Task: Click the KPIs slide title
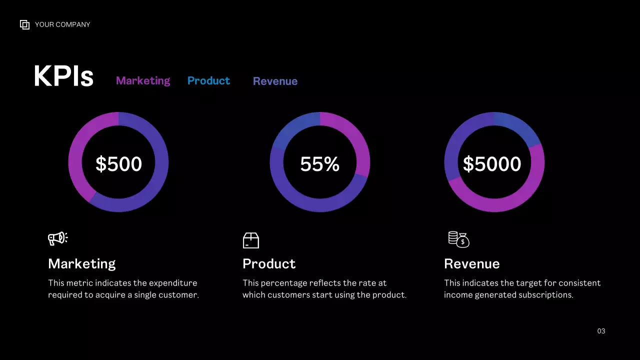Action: click(x=63, y=76)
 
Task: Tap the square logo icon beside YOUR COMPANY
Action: click(x=24, y=24)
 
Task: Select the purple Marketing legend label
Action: click(x=143, y=80)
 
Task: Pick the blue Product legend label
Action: click(x=208, y=80)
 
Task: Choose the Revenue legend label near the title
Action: click(x=275, y=81)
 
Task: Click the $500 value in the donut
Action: click(x=118, y=164)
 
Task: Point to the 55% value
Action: click(x=319, y=164)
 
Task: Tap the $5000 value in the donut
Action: click(x=492, y=164)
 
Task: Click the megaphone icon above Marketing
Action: click(x=57, y=238)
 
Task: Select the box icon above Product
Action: click(x=251, y=240)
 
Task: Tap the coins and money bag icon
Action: click(x=458, y=239)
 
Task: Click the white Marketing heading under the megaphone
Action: click(x=81, y=263)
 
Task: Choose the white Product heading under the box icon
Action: click(x=269, y=263)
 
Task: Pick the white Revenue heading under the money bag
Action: click(x=471, y=263)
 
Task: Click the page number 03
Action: click(x=601, y=331)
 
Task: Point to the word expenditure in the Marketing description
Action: click(x=173, y=283)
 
